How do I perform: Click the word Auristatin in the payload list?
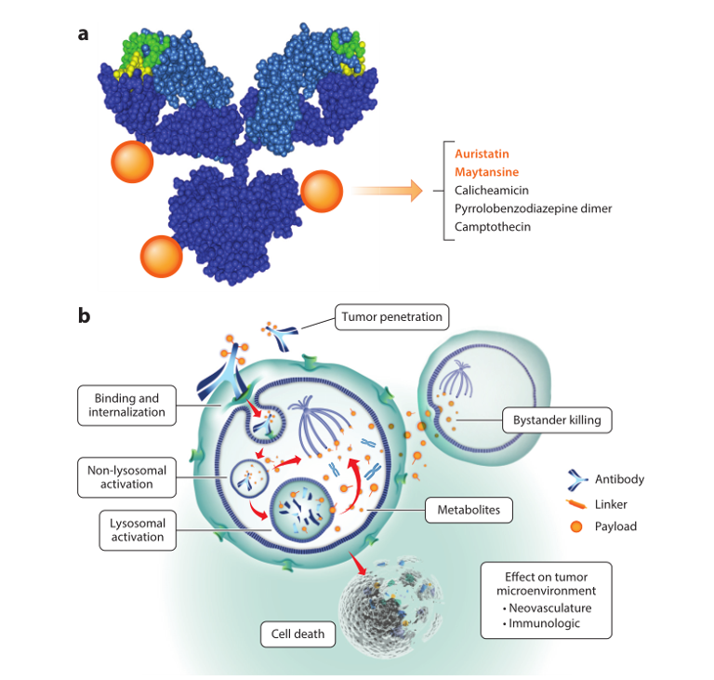pyautogui.click(x=482, y=153)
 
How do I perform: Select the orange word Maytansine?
pyautogui.click(x=486, y=172)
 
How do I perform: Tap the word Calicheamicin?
pyautogui.click(x=492, y=190)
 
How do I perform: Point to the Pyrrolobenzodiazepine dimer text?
pyautogui.click(x=533, y=208)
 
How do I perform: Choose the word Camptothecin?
pyautogui.click(x=493, y=226)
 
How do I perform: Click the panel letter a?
pyautogui.click(x=84, y=34)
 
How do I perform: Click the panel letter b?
pyautogui.click(x=84, y=315)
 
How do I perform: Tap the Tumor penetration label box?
pyautogui.click(x=391, y=317)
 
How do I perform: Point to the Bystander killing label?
pyautogui.click(x=557, y=420)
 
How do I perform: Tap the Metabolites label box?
pyautogui.click(x=469, y=510)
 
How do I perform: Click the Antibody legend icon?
pyautogui.click(x=578, y=480)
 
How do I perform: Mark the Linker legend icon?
pyautogui.click(x=577, y=504)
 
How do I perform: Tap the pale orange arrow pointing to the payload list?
pyautogui.click(x=387, y=192)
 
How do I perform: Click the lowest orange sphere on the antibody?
pyautogui.click(x=161, y=257)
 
